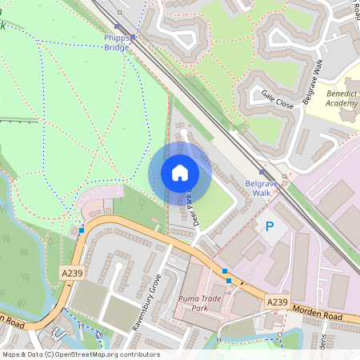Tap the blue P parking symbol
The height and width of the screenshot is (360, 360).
[x=269, y=227]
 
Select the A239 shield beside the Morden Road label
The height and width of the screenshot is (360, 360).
[x=277, y=301]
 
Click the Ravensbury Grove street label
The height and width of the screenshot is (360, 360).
[x=147, y=302]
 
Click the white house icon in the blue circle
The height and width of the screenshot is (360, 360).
[x=180, y=173]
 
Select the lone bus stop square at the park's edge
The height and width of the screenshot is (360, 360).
[x=82, y=230]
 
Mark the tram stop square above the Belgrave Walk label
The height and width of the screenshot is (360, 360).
[x=261, y=171]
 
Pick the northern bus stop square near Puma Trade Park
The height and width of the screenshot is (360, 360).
[x=224, y=272]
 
